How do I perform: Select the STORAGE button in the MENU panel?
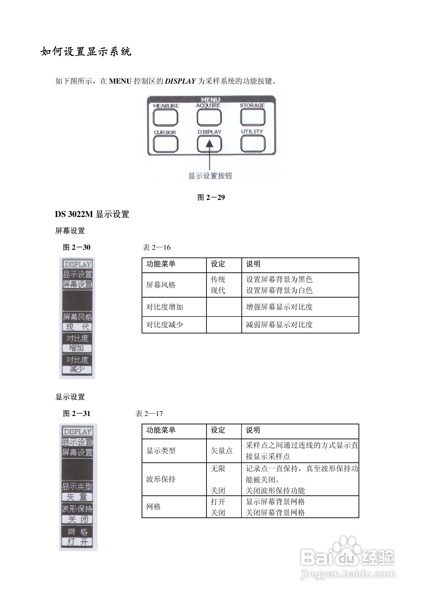click(252, 117)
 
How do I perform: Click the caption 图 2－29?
click(211, 197)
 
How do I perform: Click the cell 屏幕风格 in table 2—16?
click(161, 285)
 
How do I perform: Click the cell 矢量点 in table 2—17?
click(222, 451)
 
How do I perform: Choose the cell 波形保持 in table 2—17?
click(161, 479)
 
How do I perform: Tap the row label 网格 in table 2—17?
click(153, 507)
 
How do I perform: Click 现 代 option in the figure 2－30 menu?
click(77, 327)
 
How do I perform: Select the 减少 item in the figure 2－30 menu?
click(77, 369)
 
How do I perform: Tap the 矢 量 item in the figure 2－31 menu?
click(77, 497)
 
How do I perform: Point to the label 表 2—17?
click(149, 414)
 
